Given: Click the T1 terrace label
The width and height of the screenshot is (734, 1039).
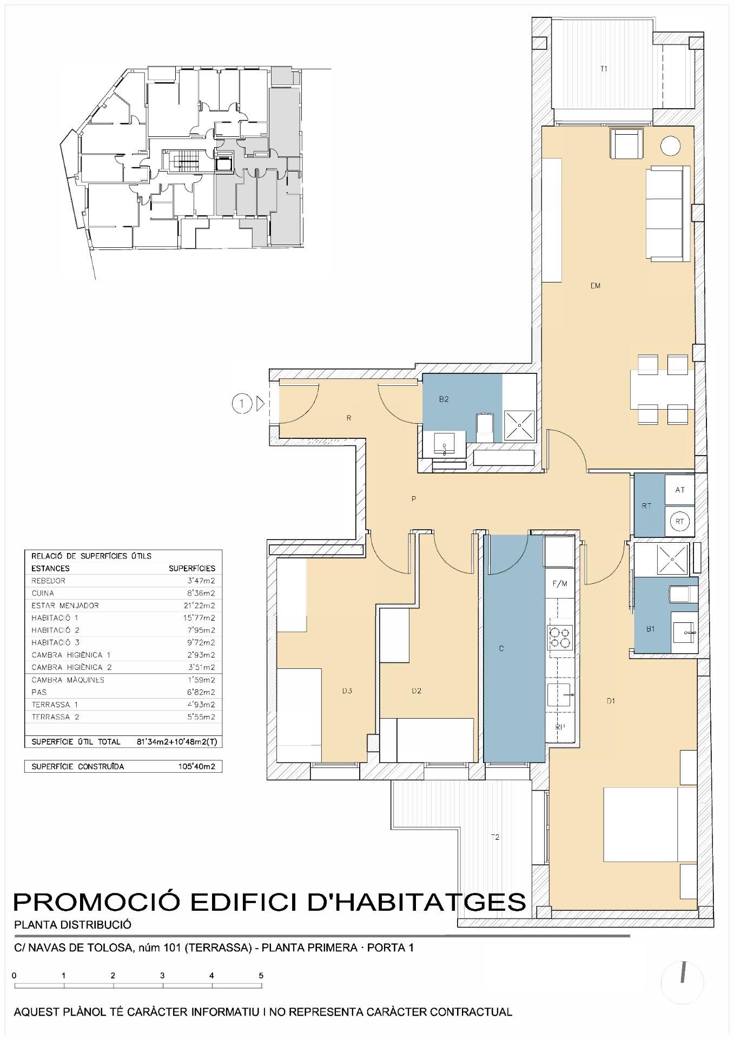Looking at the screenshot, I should [604, 69].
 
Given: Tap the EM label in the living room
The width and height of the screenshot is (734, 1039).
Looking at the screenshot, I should [595, 286].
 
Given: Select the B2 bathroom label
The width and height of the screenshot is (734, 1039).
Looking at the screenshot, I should [444, 399].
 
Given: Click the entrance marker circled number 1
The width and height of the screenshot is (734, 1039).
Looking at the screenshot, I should [242, 403].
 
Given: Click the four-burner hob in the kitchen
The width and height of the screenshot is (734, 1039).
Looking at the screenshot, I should [560, 637].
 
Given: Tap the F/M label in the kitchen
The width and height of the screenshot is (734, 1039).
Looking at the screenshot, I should [560, 584].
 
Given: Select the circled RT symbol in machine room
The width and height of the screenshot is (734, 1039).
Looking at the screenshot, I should [680, 522].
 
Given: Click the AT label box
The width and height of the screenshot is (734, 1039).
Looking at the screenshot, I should [680, 490].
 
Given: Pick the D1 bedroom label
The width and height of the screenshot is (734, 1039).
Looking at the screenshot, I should [611, 701].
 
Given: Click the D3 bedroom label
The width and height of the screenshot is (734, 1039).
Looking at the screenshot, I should [347, 691].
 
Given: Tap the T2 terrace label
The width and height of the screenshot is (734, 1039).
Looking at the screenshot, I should [495, 837].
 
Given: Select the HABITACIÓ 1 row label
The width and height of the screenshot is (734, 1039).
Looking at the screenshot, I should [55, 618].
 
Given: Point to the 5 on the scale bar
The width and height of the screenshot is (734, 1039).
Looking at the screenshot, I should [261, 976].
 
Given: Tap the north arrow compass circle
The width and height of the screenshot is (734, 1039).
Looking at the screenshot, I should [683, 983].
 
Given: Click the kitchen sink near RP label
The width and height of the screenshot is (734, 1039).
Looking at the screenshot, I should [559, 695].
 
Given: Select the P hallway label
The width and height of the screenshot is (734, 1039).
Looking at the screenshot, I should [414, 499].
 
